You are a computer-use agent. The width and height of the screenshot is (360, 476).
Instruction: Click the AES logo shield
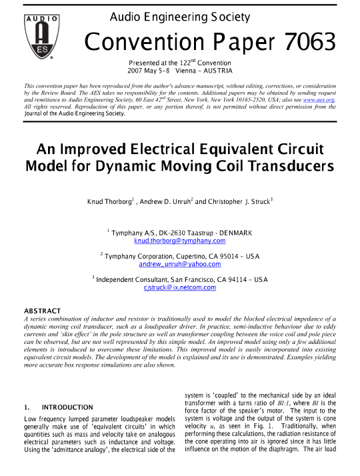(41, 36)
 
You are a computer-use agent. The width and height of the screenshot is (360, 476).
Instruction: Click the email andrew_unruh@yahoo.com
(179, 264)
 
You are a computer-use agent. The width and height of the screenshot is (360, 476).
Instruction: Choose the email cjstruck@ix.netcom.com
(180, 287)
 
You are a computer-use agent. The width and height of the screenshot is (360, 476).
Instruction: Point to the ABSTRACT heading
(42, 311)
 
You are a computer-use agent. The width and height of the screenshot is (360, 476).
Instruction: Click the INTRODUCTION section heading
(67, 407)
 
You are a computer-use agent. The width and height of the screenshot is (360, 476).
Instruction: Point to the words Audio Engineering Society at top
(179, 17)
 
